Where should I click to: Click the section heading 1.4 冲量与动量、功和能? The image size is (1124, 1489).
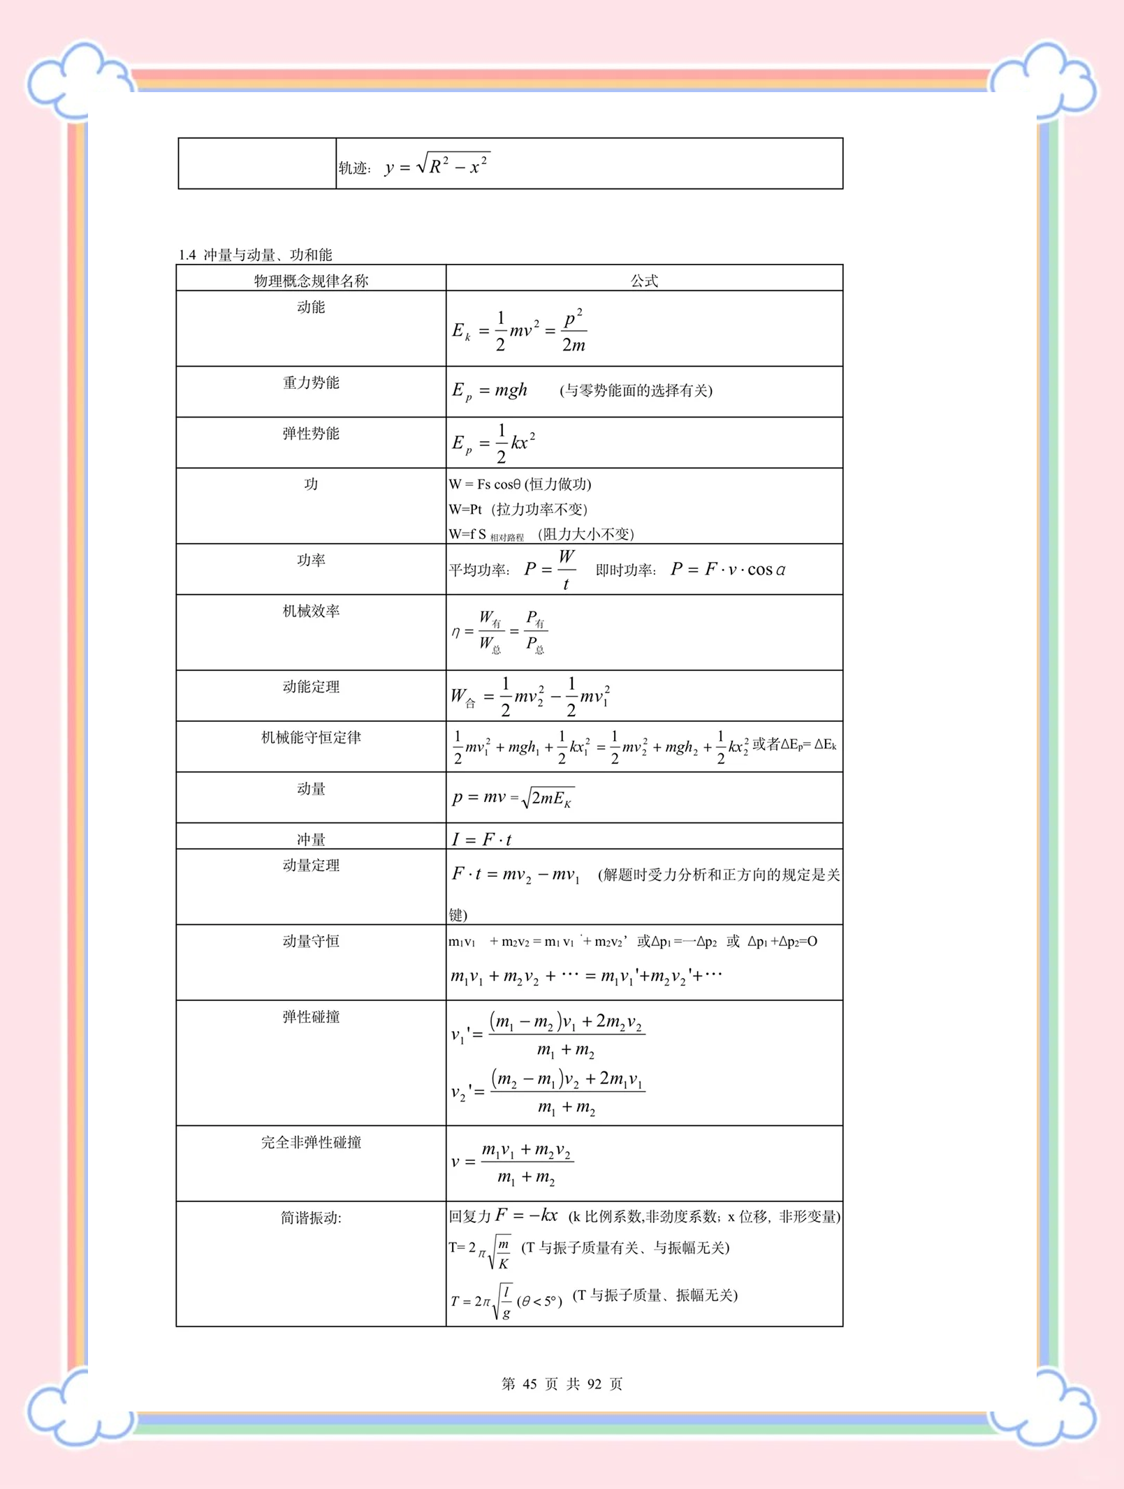(x=256, y=255)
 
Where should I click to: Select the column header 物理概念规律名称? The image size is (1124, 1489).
(x=311, y=281)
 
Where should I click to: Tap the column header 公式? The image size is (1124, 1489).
(x=643, y=281)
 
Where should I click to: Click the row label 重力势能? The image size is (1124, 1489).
(x=311, y=383)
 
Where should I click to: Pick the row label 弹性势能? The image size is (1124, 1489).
(x=311, y=434)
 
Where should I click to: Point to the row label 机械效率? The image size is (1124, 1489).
(x=311, y=611)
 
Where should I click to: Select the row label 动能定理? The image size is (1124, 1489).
(x=311, y=687)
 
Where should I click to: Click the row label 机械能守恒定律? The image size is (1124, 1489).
(x=311, y=737)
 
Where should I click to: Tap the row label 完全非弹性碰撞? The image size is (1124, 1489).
(x=311, y=1142)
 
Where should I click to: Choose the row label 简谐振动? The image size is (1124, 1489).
(x=311, y=1217)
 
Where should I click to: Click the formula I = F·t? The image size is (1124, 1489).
(x=481, y=839)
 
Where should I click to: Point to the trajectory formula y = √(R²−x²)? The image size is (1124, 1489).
(x=437, y=166)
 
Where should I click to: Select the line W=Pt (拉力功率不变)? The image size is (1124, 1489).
(x=518, y=509)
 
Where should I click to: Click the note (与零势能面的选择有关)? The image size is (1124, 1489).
(x=636, y=390)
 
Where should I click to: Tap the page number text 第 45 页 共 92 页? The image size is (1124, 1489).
(x=562, y=1384)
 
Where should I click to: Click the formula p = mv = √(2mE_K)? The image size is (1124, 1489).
(x=513, y=798)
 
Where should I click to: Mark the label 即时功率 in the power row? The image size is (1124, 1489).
(x=625, y=570)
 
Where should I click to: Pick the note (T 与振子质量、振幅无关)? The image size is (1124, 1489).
(x=655, y=1296)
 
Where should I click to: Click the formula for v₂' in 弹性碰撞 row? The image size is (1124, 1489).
(x=548, y=1092)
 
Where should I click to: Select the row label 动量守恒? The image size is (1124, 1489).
(x=311, y=941)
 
